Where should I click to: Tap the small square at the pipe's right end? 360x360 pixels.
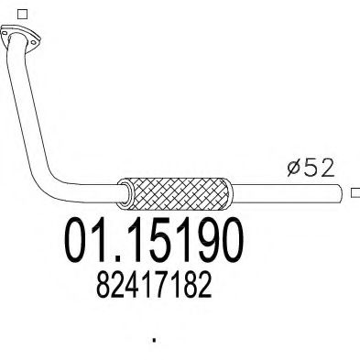tap(355, 192)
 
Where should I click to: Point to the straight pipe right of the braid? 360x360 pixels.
tap(289, 192)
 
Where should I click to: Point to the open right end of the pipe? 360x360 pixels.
tap(345, 192)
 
